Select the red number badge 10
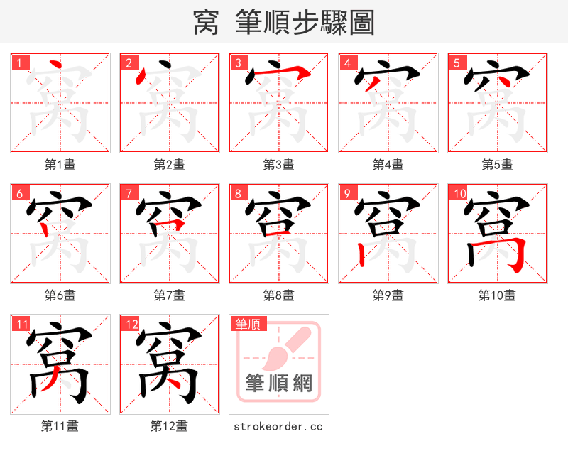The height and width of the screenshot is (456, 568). pyautogui.click(x=459, y=193)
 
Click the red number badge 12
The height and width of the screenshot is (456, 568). pyautogui.click(x=131, y=325)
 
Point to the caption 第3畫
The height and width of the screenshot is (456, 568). pyautogui.click(x=278, y=165)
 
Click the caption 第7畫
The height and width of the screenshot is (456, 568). pyautogui.click(x=169, y=295)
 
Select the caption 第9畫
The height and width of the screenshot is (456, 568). pyautogui.click(x=388, y=295)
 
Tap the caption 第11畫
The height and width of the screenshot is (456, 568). pyautogui.click(x=60, y=426)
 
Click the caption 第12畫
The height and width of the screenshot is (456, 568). pyautogui.click(x=169, y=426)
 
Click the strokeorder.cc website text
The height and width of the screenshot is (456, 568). pyautogui.click(x=278, y=426)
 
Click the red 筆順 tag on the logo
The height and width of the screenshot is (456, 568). pyautogui.click(x=248, y=324)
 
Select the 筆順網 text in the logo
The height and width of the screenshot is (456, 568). pyautogui.click(x=278, y=384)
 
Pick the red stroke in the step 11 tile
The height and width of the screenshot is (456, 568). pyautogui.click(x=50, y=384)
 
